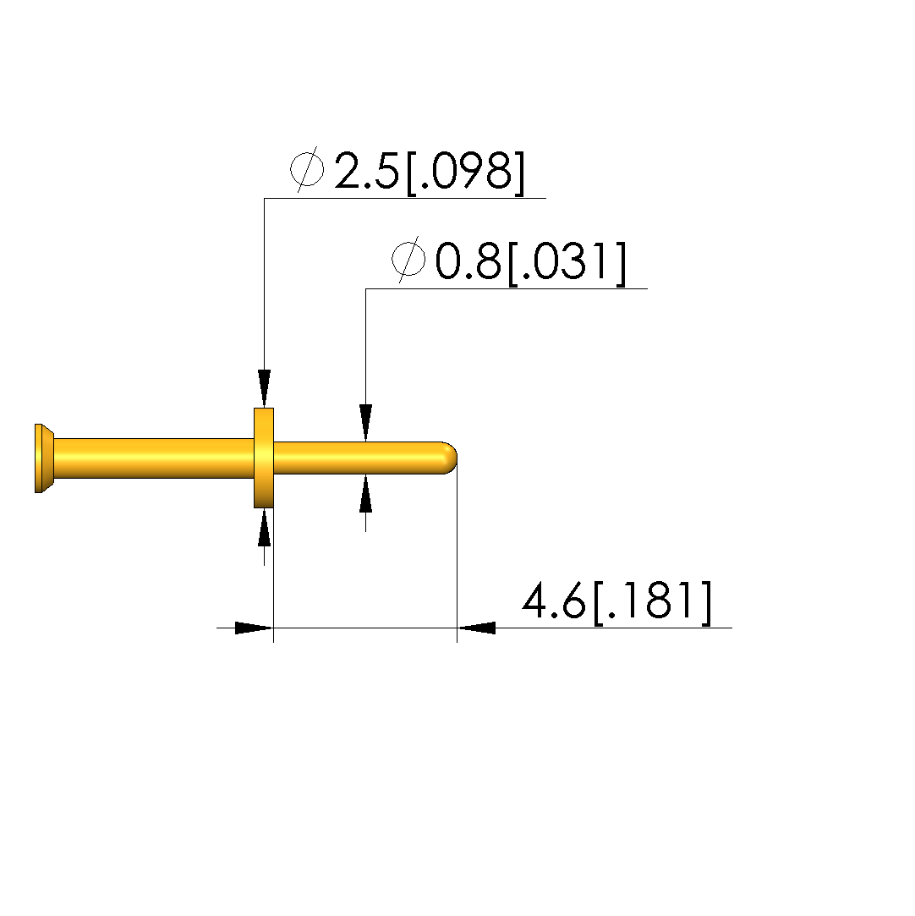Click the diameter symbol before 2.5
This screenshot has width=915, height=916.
[x=307, y=169]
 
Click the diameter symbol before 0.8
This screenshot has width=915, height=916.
[x=408, y=260]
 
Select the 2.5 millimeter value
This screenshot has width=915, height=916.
[x=367, y=171]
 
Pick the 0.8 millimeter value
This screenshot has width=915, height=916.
[x=468, y=261]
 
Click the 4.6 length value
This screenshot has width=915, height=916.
[x=553, y=600]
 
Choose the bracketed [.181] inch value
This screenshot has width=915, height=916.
[x=652, y=602]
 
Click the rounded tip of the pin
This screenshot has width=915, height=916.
[x=450, y=458]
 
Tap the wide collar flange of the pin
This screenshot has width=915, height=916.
[x=263, y=458]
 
